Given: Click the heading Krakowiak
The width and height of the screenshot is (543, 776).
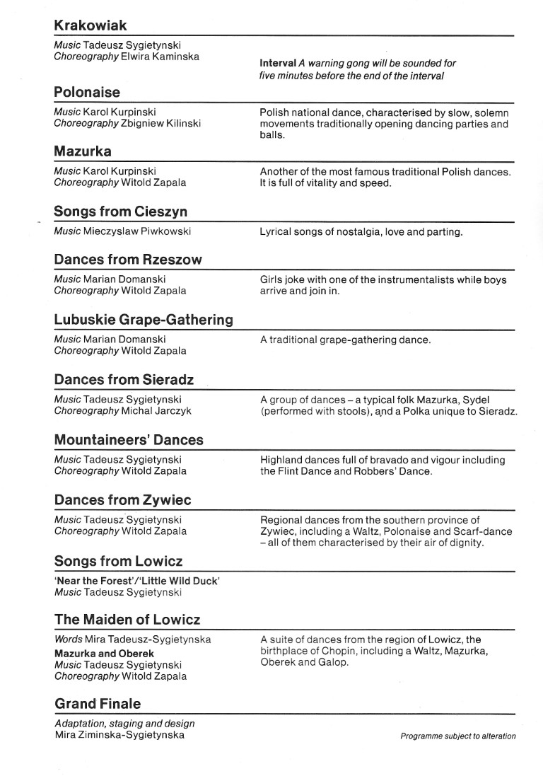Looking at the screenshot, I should click(x=90, y=25).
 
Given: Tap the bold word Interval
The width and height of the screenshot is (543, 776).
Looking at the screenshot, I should click(x=278, y=63).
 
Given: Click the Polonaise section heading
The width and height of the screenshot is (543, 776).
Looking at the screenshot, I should click(x=87, y=92).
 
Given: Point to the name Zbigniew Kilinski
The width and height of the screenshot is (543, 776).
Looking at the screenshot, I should click(x=160, y=123).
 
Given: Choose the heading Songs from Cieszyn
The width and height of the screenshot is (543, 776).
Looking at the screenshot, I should click(x=121, y=212).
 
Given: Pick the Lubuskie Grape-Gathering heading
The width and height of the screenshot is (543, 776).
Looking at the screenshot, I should click(x=144, y=319).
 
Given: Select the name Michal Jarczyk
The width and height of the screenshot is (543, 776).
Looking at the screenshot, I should click(x=156, y=410).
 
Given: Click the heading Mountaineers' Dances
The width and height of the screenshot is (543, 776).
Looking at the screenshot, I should click(x=129, y=439).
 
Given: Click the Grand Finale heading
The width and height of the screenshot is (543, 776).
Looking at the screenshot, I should click(x=98, y=703).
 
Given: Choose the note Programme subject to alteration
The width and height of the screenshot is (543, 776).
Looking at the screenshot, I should click(x=458, y=736).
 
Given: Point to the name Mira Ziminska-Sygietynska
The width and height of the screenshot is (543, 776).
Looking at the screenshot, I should click(x=119, y=735).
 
